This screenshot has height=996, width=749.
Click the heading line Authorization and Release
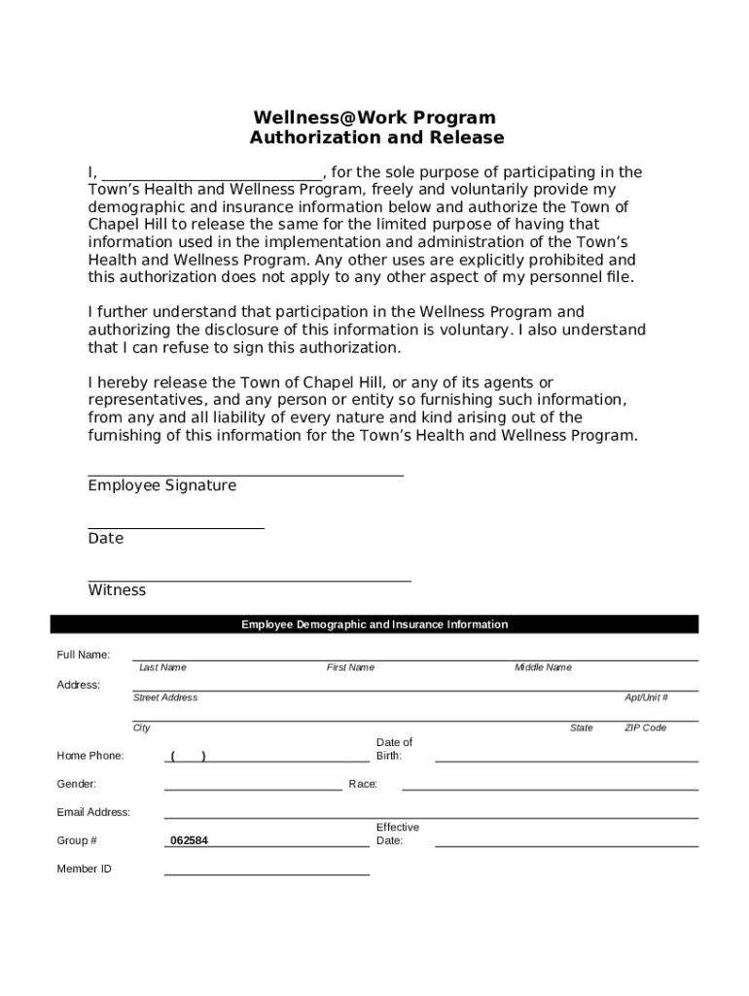[376, 138]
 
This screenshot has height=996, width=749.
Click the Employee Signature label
[161, 485]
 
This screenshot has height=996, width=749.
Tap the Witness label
[117, 590]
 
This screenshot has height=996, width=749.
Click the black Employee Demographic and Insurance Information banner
[374, 624]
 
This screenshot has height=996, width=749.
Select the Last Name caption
[162, 667]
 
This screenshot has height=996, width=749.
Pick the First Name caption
[350, 667]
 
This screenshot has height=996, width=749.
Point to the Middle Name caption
[543, 667]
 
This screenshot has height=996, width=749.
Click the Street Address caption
[165, 697]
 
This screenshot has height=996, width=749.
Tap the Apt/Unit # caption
[646, 697]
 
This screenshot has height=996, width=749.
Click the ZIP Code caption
[645, 728]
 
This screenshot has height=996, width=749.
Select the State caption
[582, 728]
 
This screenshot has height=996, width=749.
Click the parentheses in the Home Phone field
[188, 756]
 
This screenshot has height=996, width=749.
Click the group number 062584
[189, 840]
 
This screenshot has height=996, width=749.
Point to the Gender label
[76, 784]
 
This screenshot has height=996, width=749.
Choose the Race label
[363, 784]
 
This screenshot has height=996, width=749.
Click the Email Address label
[93, 812]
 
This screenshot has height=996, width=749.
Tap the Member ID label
[84, 869]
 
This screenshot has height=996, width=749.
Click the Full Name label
[83, 655]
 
